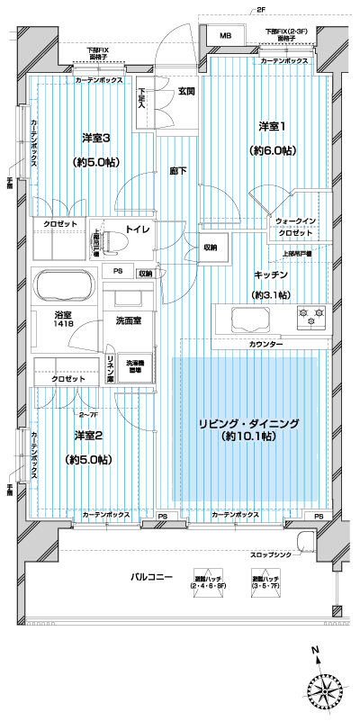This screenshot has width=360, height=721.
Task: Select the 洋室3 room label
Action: (96, 138)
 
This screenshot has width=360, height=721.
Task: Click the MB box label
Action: (225, 36)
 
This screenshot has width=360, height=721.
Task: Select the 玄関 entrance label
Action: (186, 90)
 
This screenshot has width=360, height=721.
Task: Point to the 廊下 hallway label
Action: (177, 170)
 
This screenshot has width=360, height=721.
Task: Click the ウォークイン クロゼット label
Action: (295, 227)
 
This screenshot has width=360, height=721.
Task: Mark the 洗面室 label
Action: (125, 319)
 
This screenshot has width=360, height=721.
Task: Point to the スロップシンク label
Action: (274, 554)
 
